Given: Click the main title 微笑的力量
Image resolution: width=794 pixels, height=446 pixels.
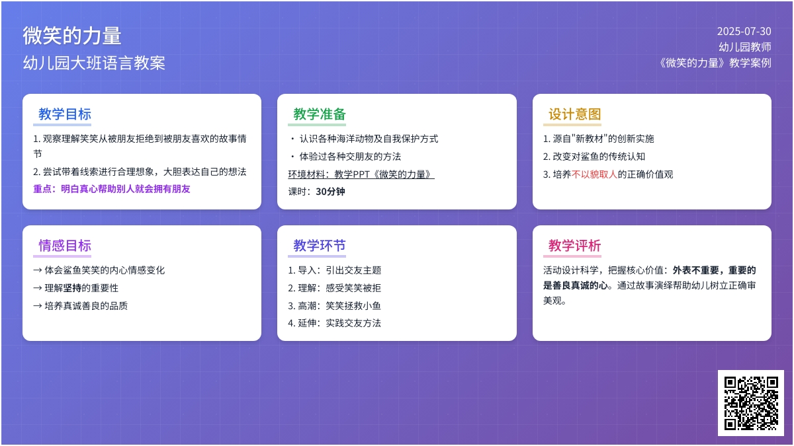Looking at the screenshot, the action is tap(72, 36).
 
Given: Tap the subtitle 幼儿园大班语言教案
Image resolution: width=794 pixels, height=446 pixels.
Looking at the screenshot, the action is tap(94, 63).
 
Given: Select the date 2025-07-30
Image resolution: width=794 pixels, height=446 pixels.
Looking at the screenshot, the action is tap(744, 32).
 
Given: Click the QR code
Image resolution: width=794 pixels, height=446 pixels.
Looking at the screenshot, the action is tap(751, 403).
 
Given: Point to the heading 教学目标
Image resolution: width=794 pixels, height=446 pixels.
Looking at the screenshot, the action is tap(65, 114).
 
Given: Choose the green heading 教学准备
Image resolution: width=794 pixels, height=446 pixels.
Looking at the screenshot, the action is tap(320, 114).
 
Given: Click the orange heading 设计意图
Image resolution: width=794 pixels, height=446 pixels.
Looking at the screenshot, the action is tap(574, 114).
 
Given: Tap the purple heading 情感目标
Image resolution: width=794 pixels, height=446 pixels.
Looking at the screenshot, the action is tap(65, 246).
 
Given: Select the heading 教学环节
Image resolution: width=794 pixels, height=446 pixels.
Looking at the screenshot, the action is tap(320, 246).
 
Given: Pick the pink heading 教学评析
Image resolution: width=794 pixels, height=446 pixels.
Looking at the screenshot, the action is tap(574, 246).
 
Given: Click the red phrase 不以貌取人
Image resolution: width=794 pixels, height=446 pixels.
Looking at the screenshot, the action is tap(594, 174).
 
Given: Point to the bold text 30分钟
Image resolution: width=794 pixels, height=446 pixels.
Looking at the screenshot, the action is tap(330, 192).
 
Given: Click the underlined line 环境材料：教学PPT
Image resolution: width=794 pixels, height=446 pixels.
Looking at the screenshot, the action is tap(361, 174).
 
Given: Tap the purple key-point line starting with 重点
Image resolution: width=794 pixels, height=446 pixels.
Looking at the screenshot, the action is tap(112, 189).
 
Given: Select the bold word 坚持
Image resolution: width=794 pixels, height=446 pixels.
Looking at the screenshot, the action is tap(72, 288).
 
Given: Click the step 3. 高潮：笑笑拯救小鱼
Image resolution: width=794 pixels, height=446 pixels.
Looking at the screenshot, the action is tap(334, 306).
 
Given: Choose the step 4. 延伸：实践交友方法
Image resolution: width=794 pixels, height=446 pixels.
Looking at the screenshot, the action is tap(334, 323).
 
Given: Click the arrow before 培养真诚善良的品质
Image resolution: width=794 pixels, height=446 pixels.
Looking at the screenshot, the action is tap(38, 306).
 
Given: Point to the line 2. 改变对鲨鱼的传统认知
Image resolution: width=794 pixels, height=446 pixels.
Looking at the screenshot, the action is tap(594, 157).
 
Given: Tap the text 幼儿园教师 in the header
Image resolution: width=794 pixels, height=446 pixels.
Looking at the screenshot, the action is tap(745, 47).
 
